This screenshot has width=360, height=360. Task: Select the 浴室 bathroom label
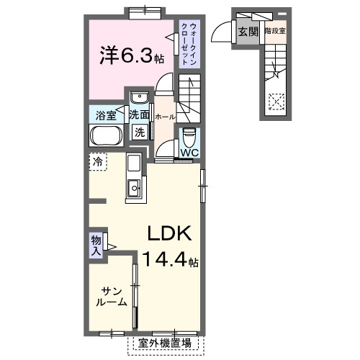click(x=105, y=114)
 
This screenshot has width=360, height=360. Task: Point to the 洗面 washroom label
click(x=140, y=114)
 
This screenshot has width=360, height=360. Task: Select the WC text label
click(x=189, y=153)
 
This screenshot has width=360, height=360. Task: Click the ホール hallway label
click(x=163, y=115)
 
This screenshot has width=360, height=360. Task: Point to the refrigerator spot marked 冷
click(x=97, y=162)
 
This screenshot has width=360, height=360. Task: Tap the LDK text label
click(x=169, y=234)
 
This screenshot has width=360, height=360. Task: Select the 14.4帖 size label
click(x=171, y=261)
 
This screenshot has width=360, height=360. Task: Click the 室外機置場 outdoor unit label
click(x=165, y=343)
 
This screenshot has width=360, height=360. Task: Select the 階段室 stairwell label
click(x=275, y=31)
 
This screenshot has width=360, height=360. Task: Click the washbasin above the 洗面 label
click(x=140, y=98)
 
